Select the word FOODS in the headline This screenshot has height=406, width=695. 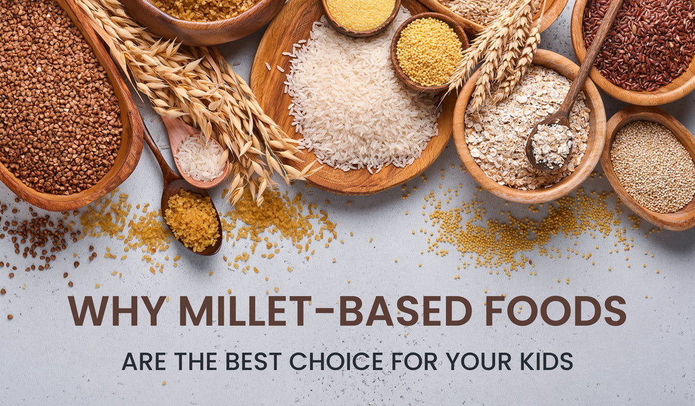pyautogui.click(x=556, y=311)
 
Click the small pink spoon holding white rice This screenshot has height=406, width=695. pyautogui.click(x=199, y=156)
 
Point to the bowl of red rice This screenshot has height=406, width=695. pyautogui.click(x=638, y=44)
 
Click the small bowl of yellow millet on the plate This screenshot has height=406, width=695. pyautogui.click(x=429, y=52)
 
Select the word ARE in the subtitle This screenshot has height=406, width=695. pyautogui.click(x=144, y=361)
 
